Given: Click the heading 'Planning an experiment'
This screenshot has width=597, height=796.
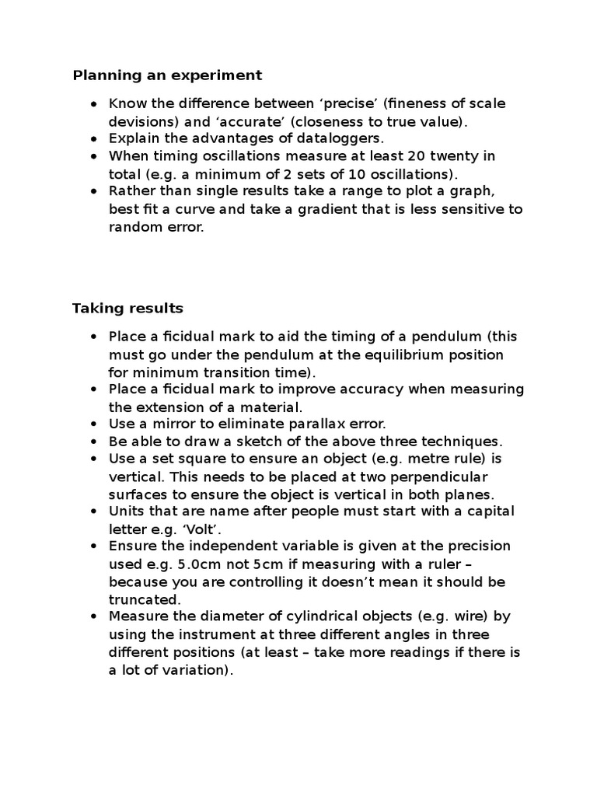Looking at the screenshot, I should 167,75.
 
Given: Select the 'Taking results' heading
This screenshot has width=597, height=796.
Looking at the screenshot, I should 127,309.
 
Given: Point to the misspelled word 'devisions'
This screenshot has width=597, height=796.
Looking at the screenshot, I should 138,121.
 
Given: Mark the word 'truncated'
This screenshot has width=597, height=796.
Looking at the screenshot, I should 144,599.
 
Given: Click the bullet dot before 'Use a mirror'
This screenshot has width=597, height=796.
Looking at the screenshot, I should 93,424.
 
